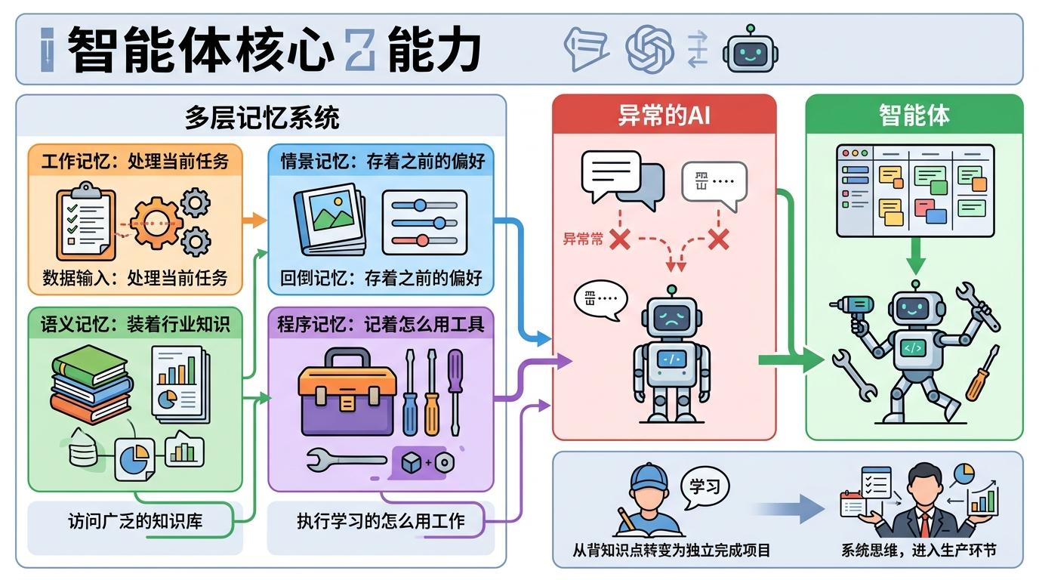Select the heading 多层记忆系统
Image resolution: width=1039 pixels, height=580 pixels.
coord(261,118)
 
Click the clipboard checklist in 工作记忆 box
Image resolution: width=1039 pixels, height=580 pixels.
coord(85,224)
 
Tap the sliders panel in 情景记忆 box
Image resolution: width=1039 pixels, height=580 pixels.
coord(424,222)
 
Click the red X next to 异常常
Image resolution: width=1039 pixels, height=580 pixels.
coord(620,239)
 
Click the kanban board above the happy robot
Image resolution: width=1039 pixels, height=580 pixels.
coord(914,190)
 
